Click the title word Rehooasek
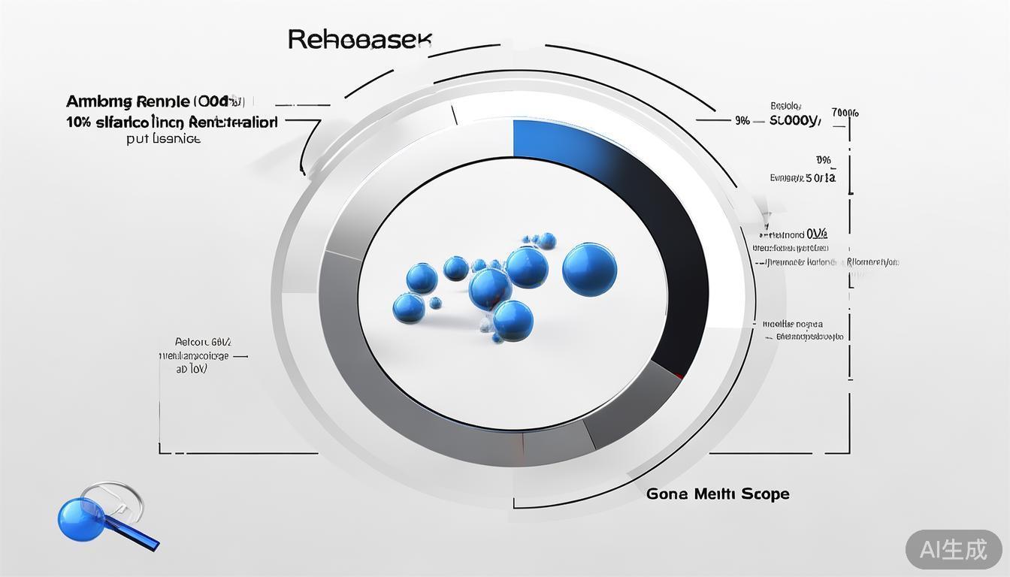click(x=359, y=40)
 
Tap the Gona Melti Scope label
click(x=718, y=494)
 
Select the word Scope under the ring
click(x=765, y=494)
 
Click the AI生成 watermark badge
click(x=953, y=549)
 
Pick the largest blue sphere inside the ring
click(x=589, y=269)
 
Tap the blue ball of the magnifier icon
click(x=80, y=518)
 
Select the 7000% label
click(x=845, y=113)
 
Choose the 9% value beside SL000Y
click(x=742, y=120)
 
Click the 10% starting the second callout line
click(x=78, y=122)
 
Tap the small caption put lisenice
click(x=164, y=139)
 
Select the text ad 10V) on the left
click(x=192, y=369)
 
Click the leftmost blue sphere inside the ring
click(x=408, y=307)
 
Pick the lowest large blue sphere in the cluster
click(x=513, y=319)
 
